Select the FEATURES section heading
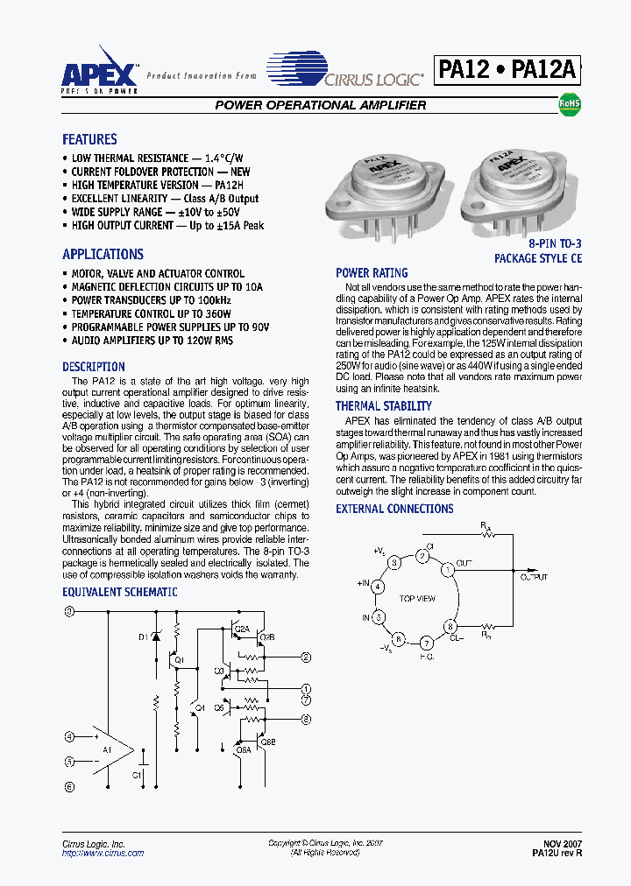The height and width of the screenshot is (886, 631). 89,139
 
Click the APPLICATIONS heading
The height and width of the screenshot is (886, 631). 103,255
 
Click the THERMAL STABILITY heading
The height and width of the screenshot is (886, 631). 383,406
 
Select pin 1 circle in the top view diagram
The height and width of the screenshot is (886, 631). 448,569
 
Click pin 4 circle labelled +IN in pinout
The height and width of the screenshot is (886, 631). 378,587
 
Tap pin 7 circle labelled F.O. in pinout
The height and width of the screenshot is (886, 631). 427,642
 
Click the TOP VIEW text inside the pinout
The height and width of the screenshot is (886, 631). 417,599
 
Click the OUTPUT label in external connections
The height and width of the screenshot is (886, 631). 534,578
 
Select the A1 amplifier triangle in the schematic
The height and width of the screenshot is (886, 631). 112,749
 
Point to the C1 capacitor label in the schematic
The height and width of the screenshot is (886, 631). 137,775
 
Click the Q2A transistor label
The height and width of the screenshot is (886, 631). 243,629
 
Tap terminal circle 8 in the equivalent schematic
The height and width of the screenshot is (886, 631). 306,719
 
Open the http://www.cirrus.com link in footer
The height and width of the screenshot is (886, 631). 103,853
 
